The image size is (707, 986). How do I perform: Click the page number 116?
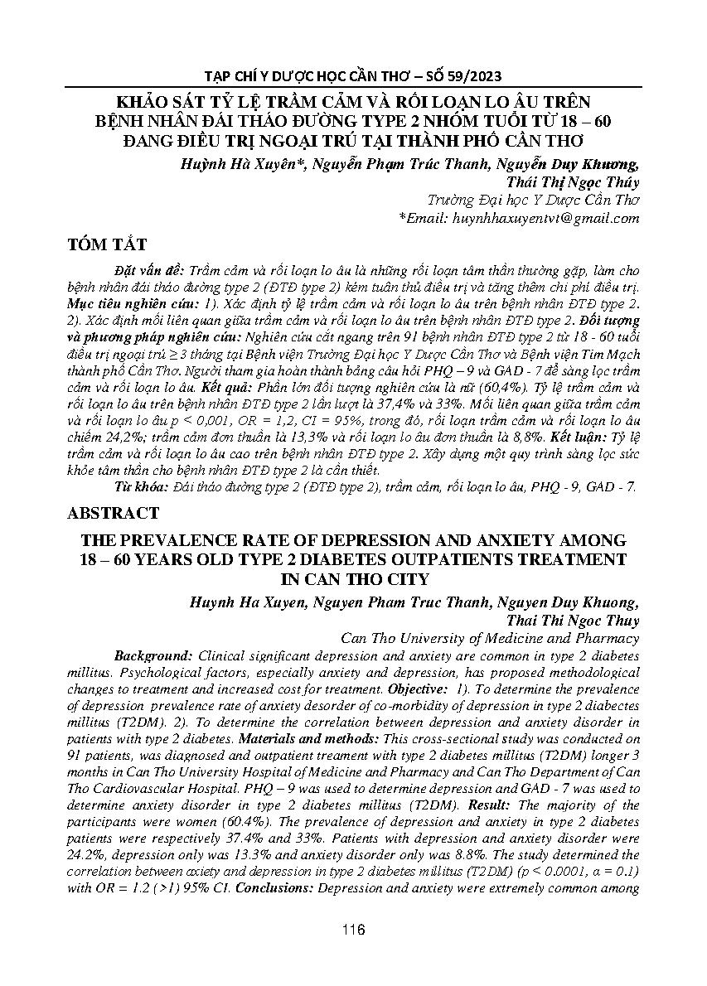[x=353, y=930]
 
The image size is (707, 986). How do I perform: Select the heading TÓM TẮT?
[x=109, y=244]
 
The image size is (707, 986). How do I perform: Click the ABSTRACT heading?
[x=114, y=513]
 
